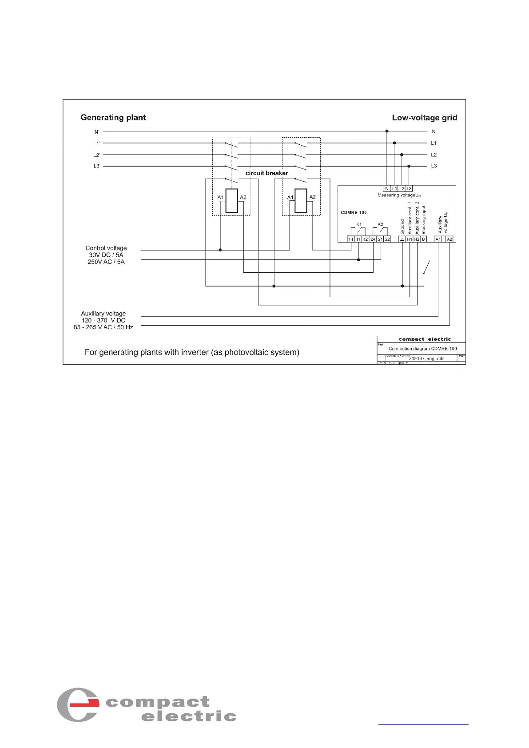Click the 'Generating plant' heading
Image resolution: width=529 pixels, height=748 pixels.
[113, 117]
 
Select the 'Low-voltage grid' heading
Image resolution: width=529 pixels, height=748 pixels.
[424, 118]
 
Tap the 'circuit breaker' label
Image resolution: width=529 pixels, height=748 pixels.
[266, 173]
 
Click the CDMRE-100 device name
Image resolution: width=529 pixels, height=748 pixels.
[354, 212]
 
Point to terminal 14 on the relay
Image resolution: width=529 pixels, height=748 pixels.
[351, 239]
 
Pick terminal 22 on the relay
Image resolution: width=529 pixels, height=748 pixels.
[387, 239]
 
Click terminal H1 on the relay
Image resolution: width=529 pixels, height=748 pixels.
[410, 239]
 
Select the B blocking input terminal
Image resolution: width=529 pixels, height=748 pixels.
[424, 239]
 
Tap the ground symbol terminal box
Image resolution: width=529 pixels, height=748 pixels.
[402, 239]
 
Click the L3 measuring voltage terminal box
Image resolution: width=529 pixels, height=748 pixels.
[409, 189]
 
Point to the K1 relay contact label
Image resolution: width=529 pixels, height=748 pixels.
[359, 224]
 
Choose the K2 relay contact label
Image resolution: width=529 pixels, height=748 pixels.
[380, 224]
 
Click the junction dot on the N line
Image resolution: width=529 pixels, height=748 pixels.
[387, 131]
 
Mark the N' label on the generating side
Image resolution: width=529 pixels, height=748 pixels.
[97, 132]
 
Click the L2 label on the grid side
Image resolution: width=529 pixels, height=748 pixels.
[434, 155]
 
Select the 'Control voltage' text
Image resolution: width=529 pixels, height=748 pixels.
[106, 248]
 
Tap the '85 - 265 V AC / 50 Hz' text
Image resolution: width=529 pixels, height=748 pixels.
[103, 327]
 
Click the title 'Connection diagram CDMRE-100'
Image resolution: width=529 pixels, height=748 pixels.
[422, 349]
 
